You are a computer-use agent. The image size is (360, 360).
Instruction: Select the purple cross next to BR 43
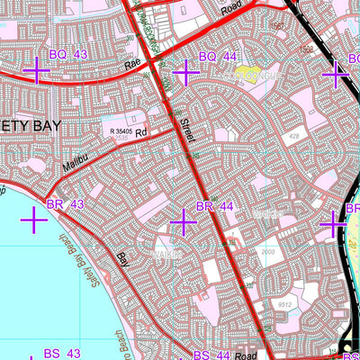click(x=33, y=219)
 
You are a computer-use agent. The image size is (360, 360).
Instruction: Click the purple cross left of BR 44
click(x=184, y=220)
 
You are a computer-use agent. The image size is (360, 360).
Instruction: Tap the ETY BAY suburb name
click(x=28, y=127)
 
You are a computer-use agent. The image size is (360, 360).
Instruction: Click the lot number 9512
click(x=285, y=304)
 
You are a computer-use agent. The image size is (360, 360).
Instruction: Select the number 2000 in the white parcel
click(x=268, y=253)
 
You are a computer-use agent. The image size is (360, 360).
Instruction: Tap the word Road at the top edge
click(x=229, y=13)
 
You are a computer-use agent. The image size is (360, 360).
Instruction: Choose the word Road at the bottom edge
click(x=246, y=355)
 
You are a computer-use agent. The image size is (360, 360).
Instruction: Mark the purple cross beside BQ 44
click(x=184, y=71)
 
